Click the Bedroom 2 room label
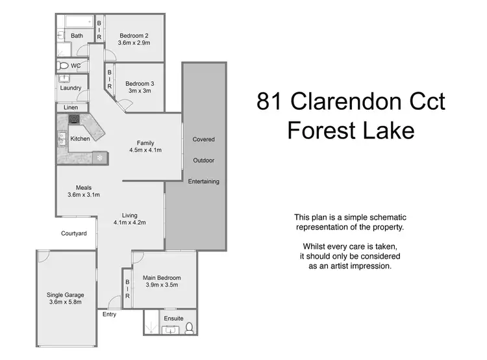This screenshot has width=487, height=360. (x=134, y=36)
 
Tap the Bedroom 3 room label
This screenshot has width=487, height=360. (x=140, y=83)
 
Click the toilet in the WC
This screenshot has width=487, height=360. (x=64, y=66)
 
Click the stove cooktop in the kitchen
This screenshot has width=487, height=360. (x=74, y=120)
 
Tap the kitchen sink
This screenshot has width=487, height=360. (x=62, y=138)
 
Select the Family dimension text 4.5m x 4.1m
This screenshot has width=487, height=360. (x=145, y=150)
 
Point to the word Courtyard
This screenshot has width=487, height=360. (x=74, y=233)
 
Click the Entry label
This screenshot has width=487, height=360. (x=110, y=315)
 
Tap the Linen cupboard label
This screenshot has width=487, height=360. (x=70, y=107)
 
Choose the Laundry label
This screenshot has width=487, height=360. (x=70, y=88)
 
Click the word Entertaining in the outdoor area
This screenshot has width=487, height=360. (x=204, y=181)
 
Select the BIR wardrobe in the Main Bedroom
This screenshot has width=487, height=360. (x=127, y=288)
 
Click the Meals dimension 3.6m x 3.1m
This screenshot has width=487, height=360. (x=83, y=194)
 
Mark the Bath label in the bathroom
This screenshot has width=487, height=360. (x=77, y=36)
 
